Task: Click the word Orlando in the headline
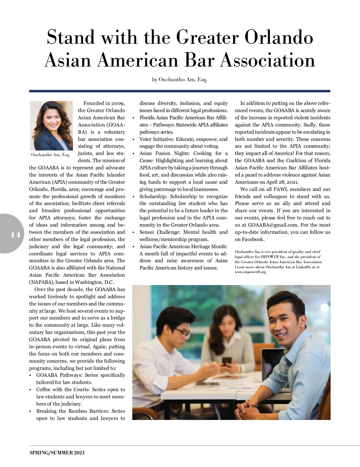(279, 37)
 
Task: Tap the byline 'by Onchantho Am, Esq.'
(180, 80)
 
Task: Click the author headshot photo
(51, 126)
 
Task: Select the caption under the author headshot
(51, 155)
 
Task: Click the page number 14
(15, 235)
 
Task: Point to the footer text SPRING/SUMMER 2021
(57, 453)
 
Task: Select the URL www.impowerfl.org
(251, 272)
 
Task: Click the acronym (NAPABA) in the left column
(40, 282)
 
